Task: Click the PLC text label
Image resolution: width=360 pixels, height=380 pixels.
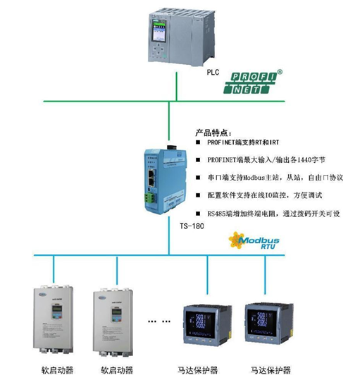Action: pos(213,72)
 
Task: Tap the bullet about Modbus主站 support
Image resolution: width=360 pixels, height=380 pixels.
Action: pos(272,178)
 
